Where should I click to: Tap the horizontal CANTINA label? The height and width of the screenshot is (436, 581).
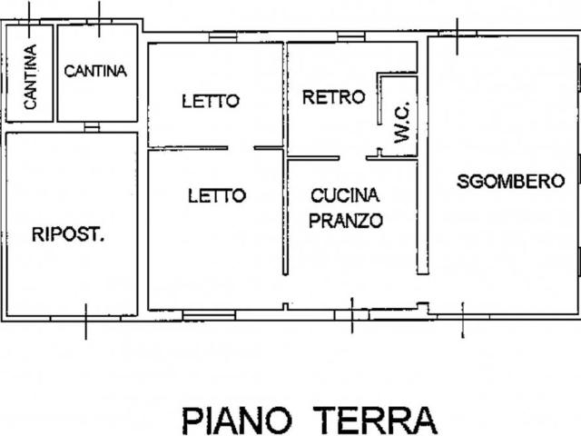tap(95, 71)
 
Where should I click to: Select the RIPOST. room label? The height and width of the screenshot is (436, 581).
tap(68, 234)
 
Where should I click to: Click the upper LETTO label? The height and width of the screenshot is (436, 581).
tap(210, 101)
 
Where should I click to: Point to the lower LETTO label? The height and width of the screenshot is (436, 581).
tap(217, 194)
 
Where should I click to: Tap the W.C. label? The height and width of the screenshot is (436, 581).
tap(402, 122)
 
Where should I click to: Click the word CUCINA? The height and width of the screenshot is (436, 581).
tap(345, 194)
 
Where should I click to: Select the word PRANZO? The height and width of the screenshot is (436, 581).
tap(346, 220)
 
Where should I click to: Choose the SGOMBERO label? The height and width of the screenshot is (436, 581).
tap(505, 181)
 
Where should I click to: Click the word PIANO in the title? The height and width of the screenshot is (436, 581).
tap(238, 421)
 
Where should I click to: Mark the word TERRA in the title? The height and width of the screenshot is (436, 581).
tap(376, 421)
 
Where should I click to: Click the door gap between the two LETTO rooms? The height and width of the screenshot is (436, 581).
tap(241, 148)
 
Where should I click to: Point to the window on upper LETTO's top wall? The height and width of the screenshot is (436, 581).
tap(222, 37)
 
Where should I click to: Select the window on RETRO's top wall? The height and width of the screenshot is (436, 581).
tap(350, 37)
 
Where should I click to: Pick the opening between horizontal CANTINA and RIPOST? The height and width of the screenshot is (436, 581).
tap(91, 127)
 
